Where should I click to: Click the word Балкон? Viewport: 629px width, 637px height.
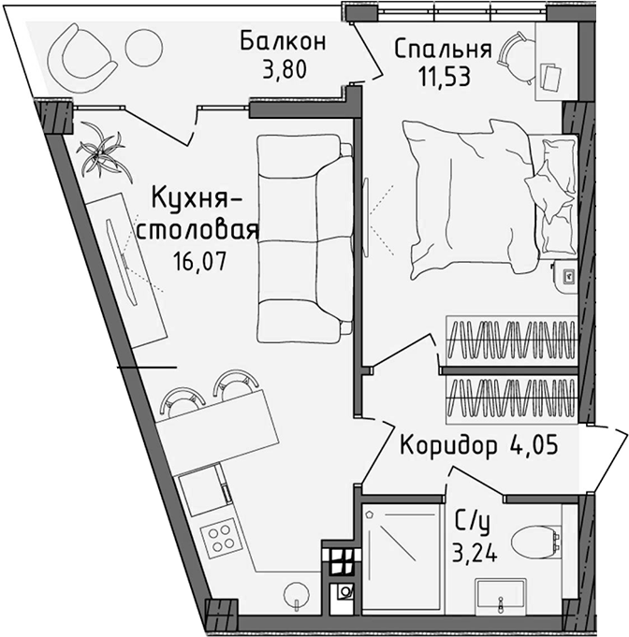pyautogui.click(x=282, y=42)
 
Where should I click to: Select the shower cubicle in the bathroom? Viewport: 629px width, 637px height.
pyautogui.click(x=402, y=558)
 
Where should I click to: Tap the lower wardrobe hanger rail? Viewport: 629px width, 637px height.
pyautogui.click(x=511, y=398)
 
